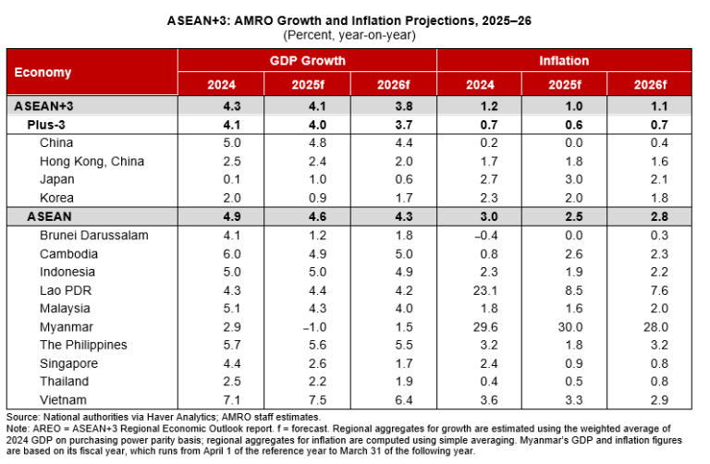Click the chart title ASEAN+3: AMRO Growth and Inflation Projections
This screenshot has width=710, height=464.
tap(355, 19)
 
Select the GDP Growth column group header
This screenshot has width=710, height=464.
tap(307, 61)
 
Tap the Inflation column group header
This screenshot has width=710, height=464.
tap(564, 61)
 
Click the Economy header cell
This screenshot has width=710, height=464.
tap(43, 72)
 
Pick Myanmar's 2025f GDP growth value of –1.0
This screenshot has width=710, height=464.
tap(307, 326)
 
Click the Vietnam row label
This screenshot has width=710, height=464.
tap(63, 399)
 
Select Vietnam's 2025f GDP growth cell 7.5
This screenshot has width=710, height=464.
tap(307, 399)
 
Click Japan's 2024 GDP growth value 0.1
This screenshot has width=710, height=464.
tap(221, 179)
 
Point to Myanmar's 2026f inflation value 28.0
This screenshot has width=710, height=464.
tap(649, 326)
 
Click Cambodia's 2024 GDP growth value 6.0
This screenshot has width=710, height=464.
tap(221, 253)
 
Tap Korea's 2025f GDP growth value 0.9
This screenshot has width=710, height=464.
tap(307, 198)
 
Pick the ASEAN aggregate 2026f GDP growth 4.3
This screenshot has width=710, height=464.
tap(393, 216)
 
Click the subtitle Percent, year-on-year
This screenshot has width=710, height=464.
tap(355, 34)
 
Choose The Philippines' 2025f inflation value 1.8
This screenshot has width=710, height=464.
tap(564, 345)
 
